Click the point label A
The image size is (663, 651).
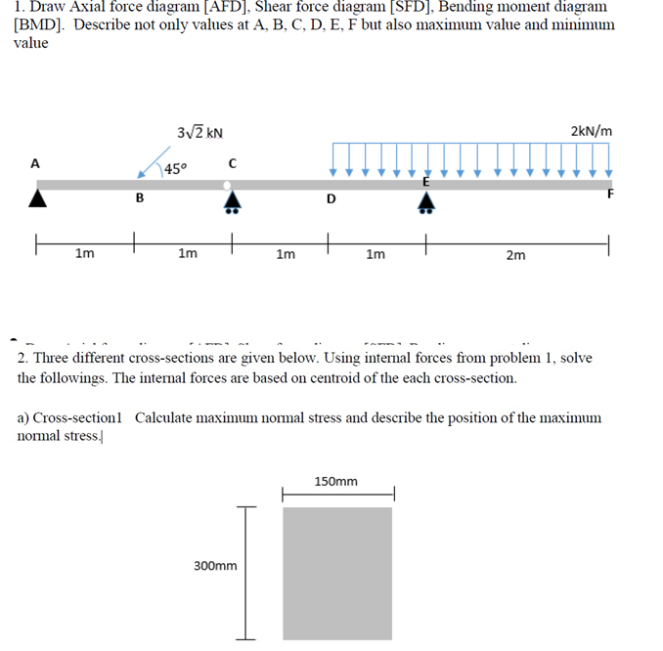[x=35, y=163]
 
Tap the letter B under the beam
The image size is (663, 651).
[x=139, y=199]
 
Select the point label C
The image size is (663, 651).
[x=232, y=162]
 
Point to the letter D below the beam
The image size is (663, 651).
[x=331, y=200]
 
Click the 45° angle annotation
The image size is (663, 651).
[x=176, y=169]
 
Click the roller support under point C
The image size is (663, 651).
[x=232, y=200]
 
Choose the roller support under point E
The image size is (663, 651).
[x=426, y=201]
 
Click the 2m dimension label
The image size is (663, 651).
[x=515, y=255]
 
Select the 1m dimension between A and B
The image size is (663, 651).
[x=85, y=255]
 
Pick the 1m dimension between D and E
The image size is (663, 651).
[x=375, y=255]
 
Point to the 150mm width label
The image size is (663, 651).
[x=336, y=481]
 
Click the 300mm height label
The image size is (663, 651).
[x=216, y=565]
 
